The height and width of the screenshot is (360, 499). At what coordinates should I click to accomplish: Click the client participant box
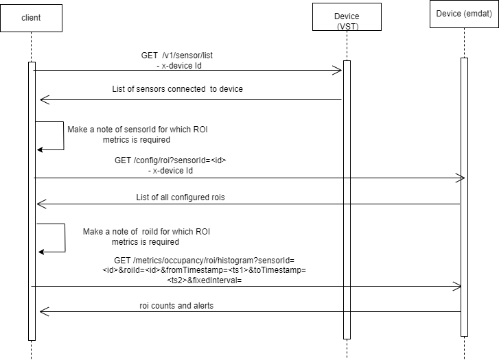[31, 17]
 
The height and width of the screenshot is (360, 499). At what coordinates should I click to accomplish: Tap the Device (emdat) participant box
[464, 14]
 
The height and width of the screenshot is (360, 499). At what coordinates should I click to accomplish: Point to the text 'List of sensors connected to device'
[177, 89]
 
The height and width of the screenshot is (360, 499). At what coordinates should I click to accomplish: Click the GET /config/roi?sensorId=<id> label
[170, 165]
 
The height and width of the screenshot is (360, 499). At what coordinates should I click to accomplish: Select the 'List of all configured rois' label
[181, 197]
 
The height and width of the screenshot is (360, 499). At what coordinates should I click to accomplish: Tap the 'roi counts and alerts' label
[176, 305]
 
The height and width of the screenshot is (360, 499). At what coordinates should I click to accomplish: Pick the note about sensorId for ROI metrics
[118, 134]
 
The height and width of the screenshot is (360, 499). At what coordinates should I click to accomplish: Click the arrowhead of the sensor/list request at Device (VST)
[337, 70]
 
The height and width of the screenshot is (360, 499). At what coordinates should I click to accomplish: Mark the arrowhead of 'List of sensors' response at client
[44, 100]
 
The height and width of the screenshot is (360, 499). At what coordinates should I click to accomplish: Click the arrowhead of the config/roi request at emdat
[461, 178]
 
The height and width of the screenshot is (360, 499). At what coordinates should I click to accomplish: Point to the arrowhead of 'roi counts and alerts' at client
[44, 312]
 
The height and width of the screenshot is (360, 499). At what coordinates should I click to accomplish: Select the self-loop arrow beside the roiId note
[54, 239]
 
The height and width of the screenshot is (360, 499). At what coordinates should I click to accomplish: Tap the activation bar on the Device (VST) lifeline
[347, 199]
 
